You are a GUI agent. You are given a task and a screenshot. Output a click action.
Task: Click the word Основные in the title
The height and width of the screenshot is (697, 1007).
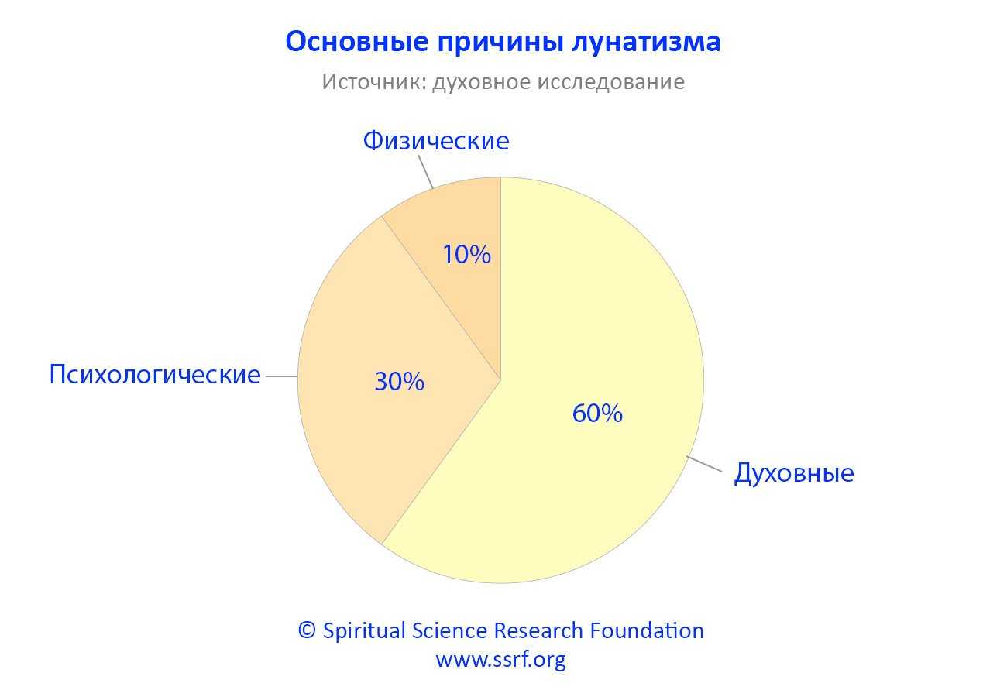tap(357, 41)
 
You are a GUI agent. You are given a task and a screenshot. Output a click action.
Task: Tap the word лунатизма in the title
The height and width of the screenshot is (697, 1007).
tap(647, 43)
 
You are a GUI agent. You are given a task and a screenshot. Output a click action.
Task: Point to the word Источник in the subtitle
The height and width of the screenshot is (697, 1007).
tap(374, 82)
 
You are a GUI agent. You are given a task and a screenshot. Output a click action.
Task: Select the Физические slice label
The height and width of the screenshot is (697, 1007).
tap(436, 140)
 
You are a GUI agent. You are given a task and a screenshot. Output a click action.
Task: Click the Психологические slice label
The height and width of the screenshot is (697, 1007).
tap(155, 374)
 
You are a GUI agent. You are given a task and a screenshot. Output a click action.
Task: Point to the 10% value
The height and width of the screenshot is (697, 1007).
tap(466, 254)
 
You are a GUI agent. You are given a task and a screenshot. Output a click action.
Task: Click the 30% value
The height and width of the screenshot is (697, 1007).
tap(399, 382)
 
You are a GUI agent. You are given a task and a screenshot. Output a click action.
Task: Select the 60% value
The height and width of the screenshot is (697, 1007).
tap(597, 414)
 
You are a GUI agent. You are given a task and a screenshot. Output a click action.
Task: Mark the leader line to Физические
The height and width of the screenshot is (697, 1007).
tap(426, 172)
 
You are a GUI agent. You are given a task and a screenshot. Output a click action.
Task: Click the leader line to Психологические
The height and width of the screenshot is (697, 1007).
tap(282, 376)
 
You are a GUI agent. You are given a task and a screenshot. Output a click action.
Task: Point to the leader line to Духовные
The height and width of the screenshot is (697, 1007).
tap(704, 464)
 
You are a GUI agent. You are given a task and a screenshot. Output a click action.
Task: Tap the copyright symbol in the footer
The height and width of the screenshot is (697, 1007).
tap(307, 630)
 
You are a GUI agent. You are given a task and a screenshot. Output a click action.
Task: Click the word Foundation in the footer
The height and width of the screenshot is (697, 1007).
tap(647, 630)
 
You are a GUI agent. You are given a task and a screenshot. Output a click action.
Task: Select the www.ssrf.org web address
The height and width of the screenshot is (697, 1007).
tap(501, 660)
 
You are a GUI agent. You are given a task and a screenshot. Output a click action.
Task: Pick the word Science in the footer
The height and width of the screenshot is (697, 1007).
tap(449, 630)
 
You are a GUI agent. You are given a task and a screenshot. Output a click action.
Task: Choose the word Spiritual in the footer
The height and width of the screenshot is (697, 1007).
tap(364, 631)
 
